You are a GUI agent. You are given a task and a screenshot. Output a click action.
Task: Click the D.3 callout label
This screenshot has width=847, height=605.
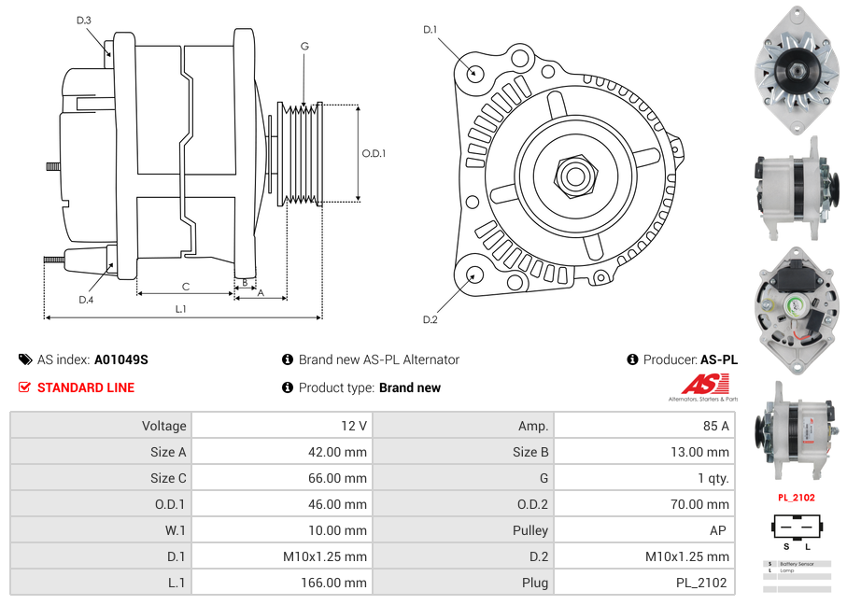tap(84, 20)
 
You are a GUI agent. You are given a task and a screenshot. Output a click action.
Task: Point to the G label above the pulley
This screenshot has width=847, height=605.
tap(304, 46)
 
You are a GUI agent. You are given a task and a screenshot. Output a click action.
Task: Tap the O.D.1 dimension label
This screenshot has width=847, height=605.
tap(374, 153)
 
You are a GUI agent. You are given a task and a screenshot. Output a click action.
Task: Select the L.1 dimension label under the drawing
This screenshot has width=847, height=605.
tap(181, 308)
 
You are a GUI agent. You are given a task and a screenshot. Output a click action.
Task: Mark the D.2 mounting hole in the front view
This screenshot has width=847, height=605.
tap(474, 274)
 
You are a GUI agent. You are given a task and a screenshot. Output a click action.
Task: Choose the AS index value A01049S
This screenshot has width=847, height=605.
tap(121, 359)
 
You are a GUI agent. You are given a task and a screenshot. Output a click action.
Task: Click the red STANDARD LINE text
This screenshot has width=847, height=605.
tap(86, 387)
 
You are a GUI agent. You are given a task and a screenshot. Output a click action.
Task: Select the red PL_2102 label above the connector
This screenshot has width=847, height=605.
tap(797, 498)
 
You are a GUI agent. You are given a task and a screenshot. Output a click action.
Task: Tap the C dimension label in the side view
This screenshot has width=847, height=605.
tap(185, 287)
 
